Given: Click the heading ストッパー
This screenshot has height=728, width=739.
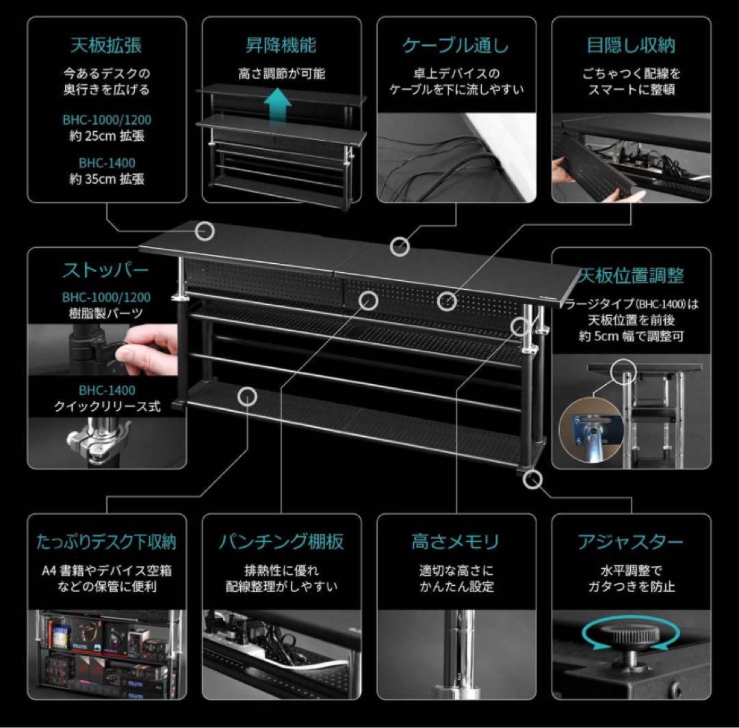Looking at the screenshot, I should pos(105,271).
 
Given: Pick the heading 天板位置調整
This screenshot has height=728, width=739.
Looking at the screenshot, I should pos(631,276).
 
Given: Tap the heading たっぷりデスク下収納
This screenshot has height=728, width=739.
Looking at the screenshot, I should pos(106,542).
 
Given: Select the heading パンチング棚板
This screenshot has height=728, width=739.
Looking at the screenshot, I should pos(281,542).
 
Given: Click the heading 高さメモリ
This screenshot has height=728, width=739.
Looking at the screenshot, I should pos(456,542).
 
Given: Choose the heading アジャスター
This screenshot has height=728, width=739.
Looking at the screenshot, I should pos(631,542).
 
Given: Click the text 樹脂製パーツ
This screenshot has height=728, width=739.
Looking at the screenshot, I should pos(106,314).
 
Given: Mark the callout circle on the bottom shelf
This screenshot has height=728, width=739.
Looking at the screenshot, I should pos(248,395).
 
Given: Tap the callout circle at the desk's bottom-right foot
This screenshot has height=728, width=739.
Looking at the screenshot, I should pos(532,479).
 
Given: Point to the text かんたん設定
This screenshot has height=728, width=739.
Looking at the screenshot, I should pos(456,587).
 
